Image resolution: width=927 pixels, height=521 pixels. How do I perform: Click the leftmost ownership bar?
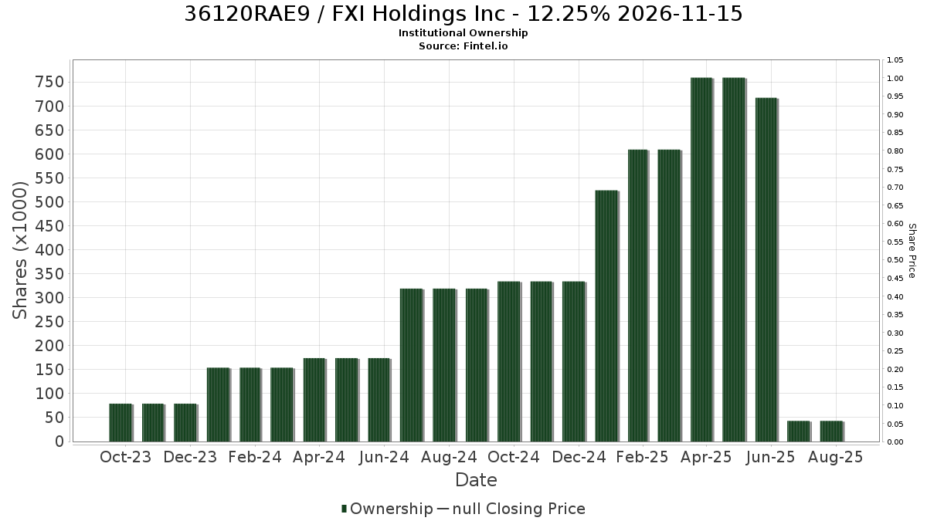(x=121, y=423)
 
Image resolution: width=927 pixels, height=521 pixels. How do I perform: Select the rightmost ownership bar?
(x=832, y=431)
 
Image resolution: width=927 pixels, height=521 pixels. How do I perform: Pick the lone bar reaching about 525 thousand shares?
(x=606, y=316)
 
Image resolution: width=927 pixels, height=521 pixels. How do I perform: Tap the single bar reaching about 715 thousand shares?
(x=767, y=269)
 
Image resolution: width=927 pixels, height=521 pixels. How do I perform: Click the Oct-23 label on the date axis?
(x=126, y=457)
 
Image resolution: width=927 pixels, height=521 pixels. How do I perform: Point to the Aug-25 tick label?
(x=836, y=457)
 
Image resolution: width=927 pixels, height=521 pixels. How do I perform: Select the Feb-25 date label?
(x=642, y=457)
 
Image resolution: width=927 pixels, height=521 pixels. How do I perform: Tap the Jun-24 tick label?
(x=384, y=457)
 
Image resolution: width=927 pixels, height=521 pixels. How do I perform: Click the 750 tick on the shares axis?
(x=49, y=83)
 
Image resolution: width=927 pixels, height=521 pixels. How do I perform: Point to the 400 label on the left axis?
(x=49, y=250)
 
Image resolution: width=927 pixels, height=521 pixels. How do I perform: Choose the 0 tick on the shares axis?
(x=60, y=441)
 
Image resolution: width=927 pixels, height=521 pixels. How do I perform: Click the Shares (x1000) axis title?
(x=19, y=251)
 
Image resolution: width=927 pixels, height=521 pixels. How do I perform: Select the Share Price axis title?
(x=912, y=251)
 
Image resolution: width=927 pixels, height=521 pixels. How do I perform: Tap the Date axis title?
(x=476, y=480)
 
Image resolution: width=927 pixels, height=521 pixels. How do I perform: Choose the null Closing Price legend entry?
(x=511, y=509)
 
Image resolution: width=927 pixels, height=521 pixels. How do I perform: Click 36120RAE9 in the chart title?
(x=247, y=14)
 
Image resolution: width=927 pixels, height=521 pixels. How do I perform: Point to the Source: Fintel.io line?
(x=463, y=46)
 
